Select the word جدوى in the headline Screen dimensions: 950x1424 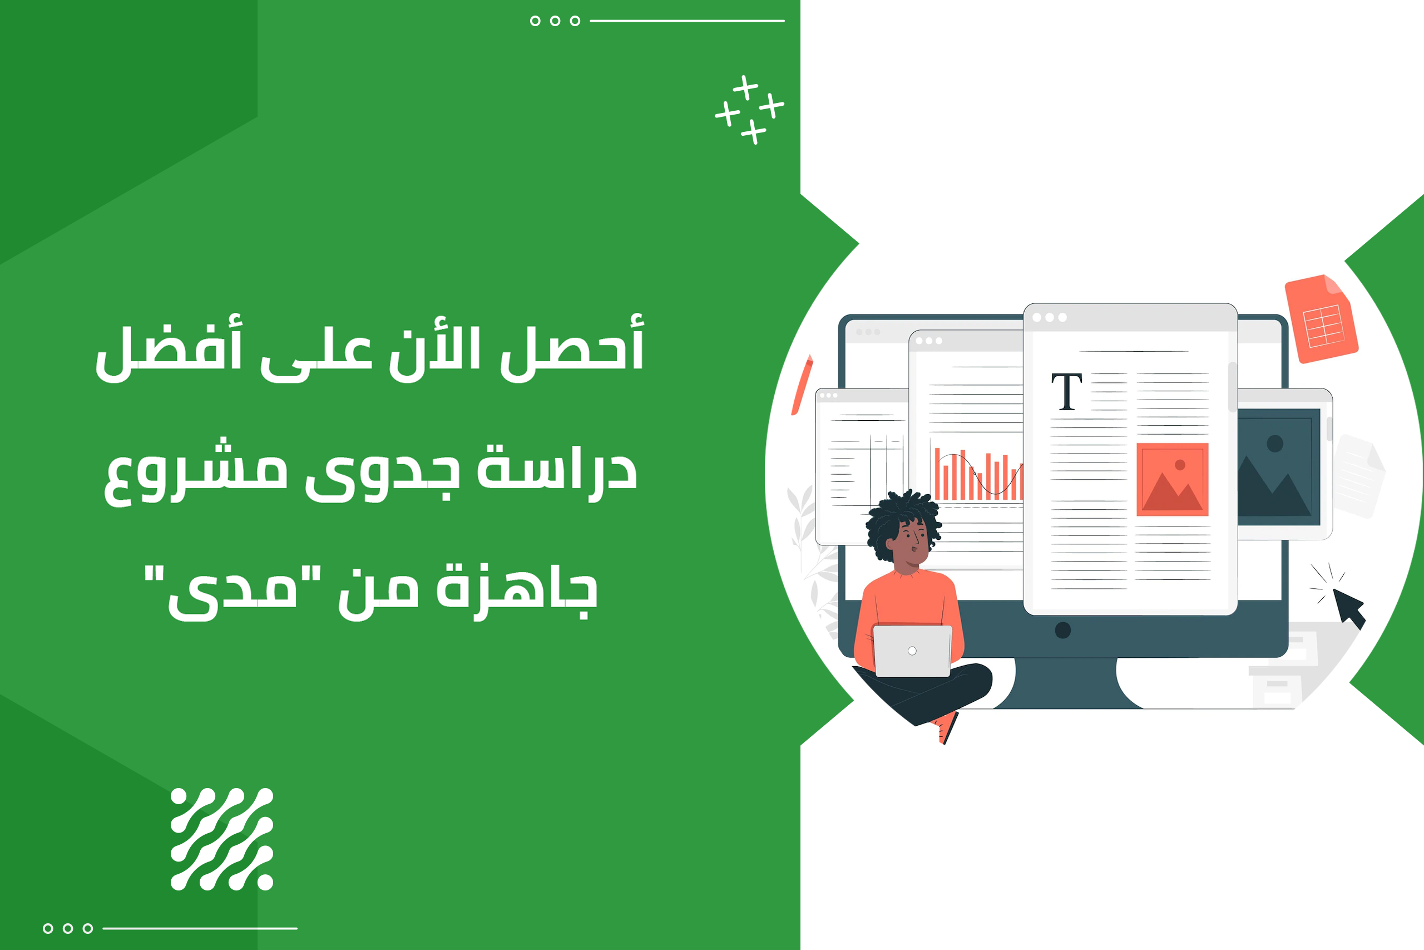(382, 472)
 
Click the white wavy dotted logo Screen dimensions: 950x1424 (221, 839)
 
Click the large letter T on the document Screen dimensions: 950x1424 (1066, 391)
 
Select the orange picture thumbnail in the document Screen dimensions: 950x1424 (1172, 479)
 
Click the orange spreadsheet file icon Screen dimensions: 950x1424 (1321, 319)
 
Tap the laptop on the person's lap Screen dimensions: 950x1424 (912, 651)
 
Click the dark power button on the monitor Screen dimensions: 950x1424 (1062, 630)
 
